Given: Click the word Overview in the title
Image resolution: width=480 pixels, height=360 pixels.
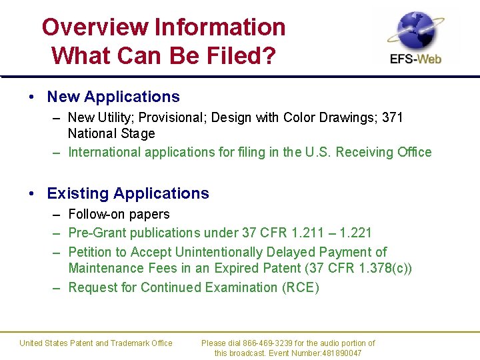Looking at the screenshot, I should [95, 27].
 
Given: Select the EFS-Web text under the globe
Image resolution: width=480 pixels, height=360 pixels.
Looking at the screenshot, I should [416, 59].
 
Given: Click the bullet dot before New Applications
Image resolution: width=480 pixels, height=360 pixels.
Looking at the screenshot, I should [32, 97].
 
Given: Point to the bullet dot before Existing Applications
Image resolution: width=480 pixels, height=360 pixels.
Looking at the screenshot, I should [32, 194].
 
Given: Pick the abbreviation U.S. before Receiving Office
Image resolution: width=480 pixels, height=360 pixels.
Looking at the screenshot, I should [317, 152].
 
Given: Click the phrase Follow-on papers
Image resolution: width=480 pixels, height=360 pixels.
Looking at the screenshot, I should [119, 214].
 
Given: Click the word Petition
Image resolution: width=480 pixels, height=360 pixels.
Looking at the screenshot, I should [90, 252].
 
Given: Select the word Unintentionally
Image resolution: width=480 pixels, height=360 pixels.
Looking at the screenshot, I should [218, 252].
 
